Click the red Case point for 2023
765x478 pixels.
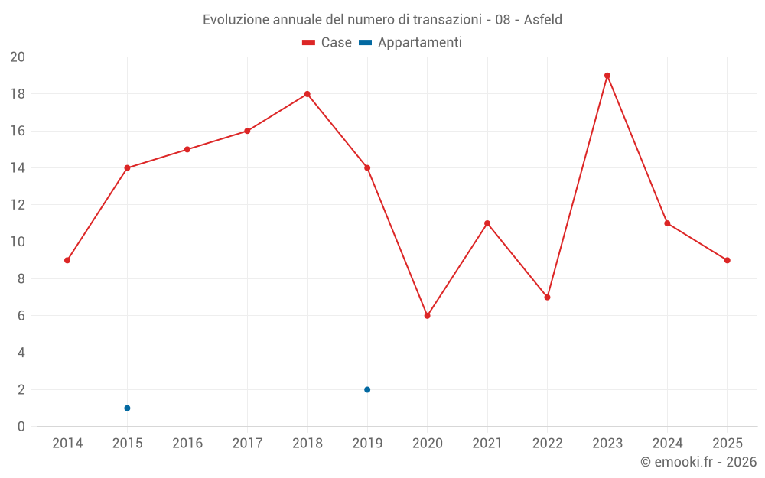tap(607, 76)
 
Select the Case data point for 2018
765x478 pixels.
tap(307, 94)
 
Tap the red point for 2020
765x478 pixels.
tap(427, 316)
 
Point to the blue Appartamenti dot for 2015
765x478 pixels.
tap(127, 408)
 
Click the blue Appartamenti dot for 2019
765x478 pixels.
tap(367, 390)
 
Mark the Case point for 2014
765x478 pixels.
tap(67, 260)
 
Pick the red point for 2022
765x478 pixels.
tap(547, 298)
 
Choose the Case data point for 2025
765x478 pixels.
tap(728, 260)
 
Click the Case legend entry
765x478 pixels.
tap(327, 43)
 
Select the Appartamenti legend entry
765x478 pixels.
tap(411, 43)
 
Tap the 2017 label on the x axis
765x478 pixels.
tap(247, 444)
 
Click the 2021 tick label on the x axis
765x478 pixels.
tap(487, 444)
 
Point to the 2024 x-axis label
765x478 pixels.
tap(667, 444)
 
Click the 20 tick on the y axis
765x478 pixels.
tap(17, 57)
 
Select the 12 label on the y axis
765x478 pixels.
tap(17, 205)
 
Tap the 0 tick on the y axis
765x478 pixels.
tap(21, 427)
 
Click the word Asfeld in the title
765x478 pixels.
tap(542, 20)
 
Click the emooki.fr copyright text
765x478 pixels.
tap(698, 462)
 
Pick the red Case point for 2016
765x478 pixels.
tap(187, 149)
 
